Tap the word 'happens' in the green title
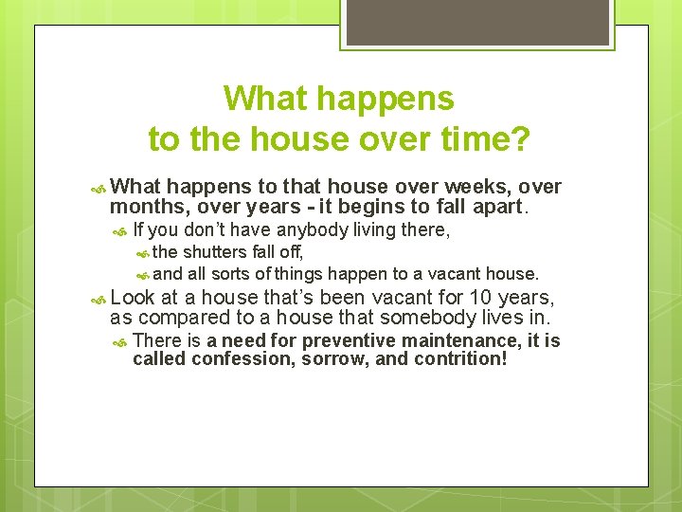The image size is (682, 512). (x=386, y=98)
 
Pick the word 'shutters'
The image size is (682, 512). (x=215, y=251)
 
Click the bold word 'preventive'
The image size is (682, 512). (x=327, y=340)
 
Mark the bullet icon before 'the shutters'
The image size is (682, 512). (x=142, y=252)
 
